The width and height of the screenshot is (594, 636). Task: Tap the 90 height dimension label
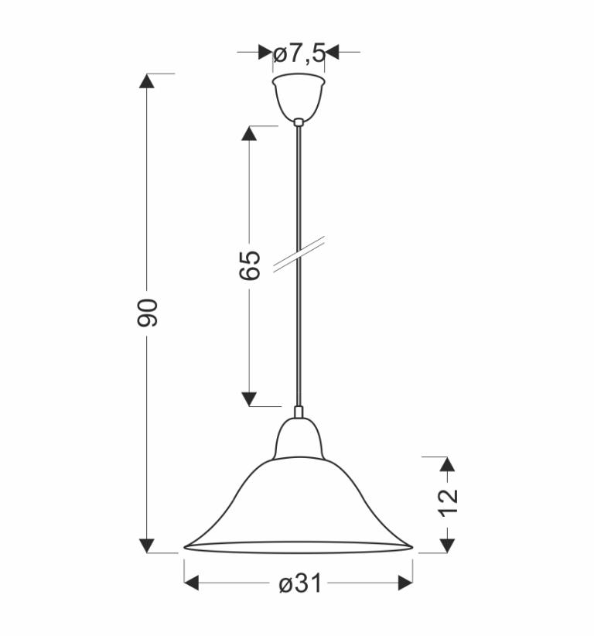coord(147,313)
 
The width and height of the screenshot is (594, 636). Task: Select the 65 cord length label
coord(249,265)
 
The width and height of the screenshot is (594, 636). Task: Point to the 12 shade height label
coord(448,503)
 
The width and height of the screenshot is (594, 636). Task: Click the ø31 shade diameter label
coord(300,583)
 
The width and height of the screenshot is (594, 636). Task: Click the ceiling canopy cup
coord(299,97)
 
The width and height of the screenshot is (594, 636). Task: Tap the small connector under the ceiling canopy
coord(299,121)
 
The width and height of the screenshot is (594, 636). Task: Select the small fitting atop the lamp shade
coord(299,412)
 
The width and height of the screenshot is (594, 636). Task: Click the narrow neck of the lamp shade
coord(299,438)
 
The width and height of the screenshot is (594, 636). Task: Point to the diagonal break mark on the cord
coord(299,254)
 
